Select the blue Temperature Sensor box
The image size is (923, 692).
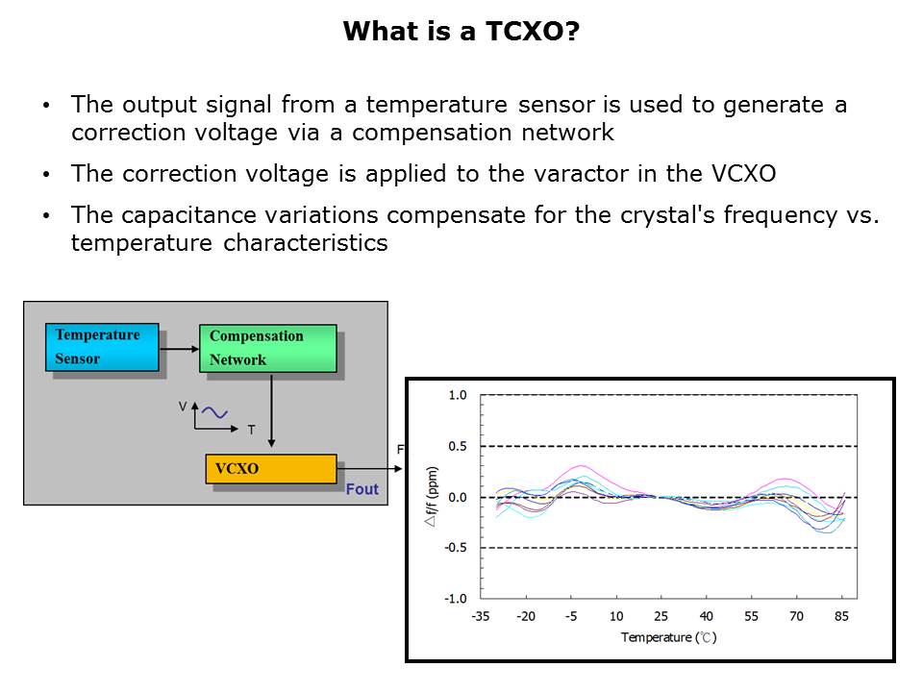point(102,347)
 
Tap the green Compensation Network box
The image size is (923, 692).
point(268,348)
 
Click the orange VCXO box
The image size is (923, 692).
point(271,469)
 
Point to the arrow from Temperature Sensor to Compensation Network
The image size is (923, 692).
point(180,349)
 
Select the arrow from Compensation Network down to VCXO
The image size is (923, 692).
point(271,410)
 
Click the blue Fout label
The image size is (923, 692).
point(362,489)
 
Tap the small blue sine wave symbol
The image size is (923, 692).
point(214,412)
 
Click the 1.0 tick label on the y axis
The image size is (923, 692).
point(458,395)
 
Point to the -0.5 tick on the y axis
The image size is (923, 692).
point(456,548)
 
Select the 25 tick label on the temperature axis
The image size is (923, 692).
point(661,616)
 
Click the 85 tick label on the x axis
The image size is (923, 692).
point(841,616)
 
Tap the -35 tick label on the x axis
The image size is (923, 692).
point(481,616)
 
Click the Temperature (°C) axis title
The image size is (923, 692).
point(669,637)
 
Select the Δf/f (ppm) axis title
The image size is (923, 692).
point(432,497)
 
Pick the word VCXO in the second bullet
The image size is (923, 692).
point(743,174)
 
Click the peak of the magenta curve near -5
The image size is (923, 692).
point(580,465)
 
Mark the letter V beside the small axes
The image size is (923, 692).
point(183,406)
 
